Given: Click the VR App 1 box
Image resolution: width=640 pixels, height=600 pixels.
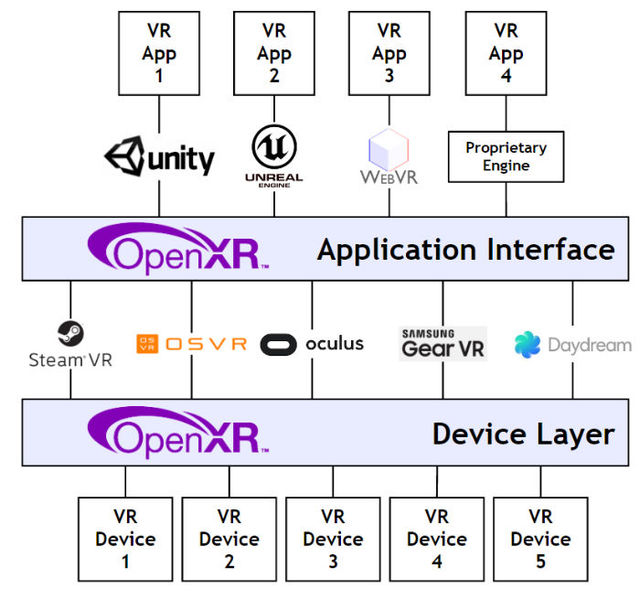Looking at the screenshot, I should [x=158, y=53].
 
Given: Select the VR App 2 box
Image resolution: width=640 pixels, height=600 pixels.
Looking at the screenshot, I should [x=274, y=53].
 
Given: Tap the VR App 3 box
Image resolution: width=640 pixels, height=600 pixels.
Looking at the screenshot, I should [x=390, y=53].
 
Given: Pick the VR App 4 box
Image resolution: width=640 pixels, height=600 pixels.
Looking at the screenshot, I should [x=506, y=53].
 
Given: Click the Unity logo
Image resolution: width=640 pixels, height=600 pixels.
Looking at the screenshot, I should [x=159, y=157].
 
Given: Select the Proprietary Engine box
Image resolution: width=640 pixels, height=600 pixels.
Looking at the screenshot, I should [x=506, y=156].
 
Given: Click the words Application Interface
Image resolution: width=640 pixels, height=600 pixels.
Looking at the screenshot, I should [x=465, y=248].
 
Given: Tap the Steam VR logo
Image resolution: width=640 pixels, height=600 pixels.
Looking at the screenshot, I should [x=70, y=344].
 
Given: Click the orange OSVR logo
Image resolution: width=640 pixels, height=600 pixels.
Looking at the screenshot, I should [x=191, y=344].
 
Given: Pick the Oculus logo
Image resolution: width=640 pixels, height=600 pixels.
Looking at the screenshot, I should [x=312, y=344].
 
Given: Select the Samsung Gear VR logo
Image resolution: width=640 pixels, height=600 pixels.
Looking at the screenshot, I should [x=442, y=343].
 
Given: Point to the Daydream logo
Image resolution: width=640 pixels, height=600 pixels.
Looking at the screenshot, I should [x=572, y=345].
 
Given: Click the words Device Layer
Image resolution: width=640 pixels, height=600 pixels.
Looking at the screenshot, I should [x=522, y=433].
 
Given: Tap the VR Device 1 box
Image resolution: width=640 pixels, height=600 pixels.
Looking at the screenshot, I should [x=125, y=539].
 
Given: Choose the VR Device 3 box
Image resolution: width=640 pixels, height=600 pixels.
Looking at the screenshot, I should [x=333, y=539].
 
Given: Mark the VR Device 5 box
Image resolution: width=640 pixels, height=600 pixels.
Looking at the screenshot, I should [x=541, y=539].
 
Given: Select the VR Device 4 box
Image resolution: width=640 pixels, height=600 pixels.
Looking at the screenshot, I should [x=437, y=539].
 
